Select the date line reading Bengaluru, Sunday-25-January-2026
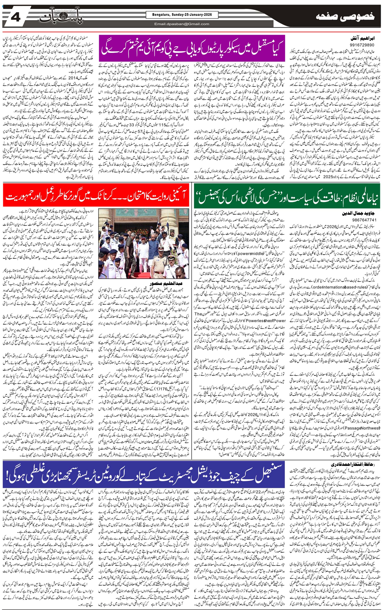179,15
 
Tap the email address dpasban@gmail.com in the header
182,24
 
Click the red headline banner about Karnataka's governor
96,196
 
